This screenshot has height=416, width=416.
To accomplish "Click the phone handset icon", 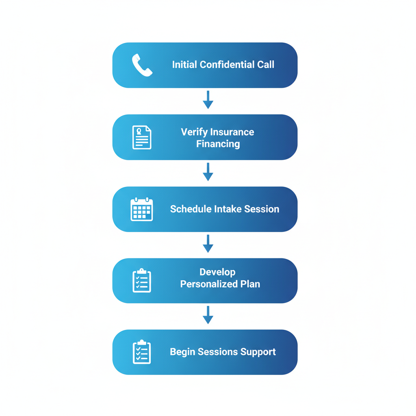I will (142, 65).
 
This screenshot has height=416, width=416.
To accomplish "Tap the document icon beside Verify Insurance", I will (142, 137).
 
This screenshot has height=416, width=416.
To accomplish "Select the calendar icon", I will (142, 209).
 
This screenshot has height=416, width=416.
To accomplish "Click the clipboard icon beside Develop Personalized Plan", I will (142, 280).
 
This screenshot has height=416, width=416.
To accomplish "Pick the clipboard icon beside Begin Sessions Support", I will (142, 352).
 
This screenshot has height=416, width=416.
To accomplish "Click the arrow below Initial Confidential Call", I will (208, 100).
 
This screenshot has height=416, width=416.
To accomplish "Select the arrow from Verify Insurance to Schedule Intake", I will (208, 172).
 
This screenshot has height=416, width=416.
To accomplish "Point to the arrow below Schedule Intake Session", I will (208, 244).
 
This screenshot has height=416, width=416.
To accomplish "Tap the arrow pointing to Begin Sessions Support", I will (208, 315).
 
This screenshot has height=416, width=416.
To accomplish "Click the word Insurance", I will (234, 132).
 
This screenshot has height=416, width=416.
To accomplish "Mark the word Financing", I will (218, 144).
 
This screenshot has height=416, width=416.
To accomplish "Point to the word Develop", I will (217, 272).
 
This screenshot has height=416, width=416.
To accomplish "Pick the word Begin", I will (182, 352).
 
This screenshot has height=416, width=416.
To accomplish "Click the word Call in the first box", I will (266, 65).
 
